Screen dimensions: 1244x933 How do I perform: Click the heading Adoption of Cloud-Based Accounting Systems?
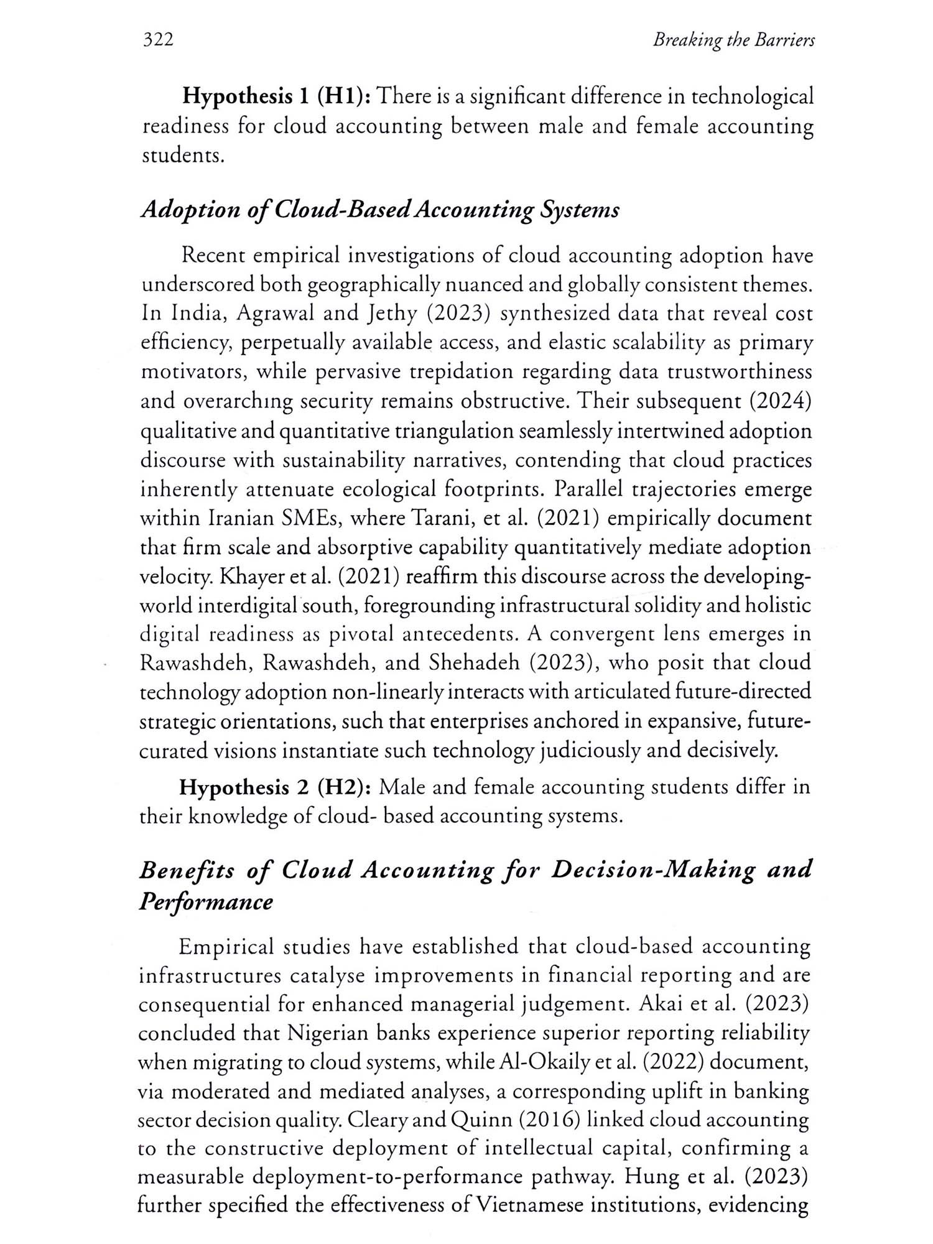(380, 210)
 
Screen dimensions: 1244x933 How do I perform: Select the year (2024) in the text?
(781, 401)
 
